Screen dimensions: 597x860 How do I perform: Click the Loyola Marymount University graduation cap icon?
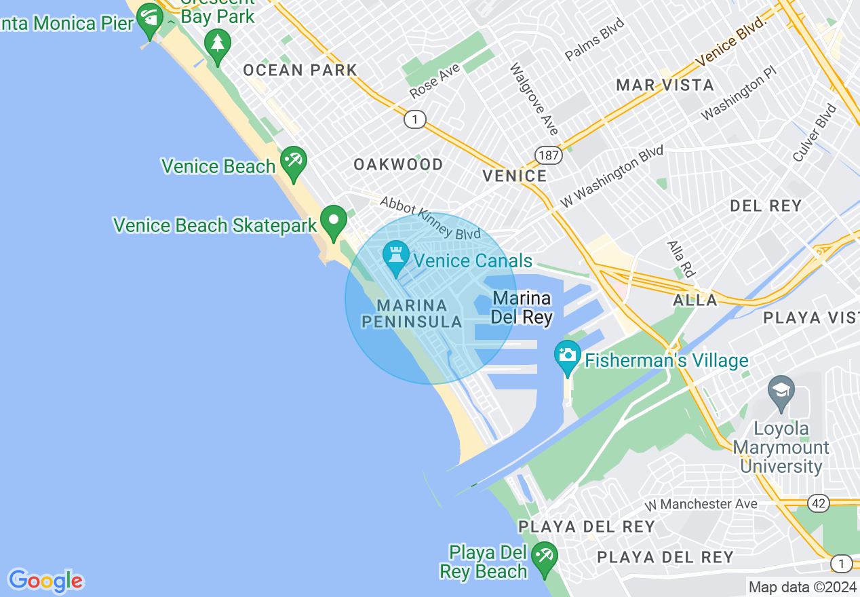[x=781, y=391]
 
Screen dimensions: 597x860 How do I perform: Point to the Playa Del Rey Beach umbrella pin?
[x=544, y=557]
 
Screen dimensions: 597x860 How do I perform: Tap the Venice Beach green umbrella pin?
[x=294, y=162]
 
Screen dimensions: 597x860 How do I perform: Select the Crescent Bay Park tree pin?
[x=218, y=44]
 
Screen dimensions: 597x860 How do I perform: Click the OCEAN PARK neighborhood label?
[x=300, y=70]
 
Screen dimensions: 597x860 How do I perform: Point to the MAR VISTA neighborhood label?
[x=665, y=85]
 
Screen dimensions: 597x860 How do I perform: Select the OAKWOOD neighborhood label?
[x=399, y=164]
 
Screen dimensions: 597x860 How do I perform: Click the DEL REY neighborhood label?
[x=766, y=206]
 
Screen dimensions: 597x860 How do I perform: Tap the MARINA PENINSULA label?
[x=412, y=313]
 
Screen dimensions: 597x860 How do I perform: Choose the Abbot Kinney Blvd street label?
[x=430, y=218]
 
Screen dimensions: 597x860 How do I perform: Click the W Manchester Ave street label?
[x=701, y=504]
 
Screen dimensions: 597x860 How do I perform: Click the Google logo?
[x=45, y=581]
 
